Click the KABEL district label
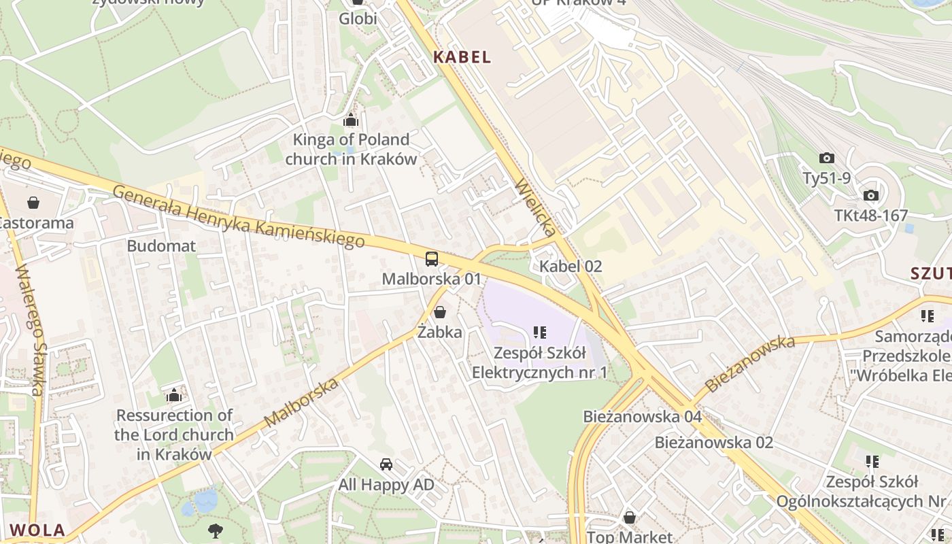(462, 57)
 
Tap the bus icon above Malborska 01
(432, 258)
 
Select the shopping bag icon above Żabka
(440, 313)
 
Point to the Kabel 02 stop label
(571, 267)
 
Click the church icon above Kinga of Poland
(351, 120)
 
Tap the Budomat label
(161, 246)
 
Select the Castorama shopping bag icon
(33, 203)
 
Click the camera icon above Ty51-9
(826, 158)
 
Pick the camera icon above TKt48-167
(870, 196)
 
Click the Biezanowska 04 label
(642, 416)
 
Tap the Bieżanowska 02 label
(713, 443)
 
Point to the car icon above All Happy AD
(386, 464)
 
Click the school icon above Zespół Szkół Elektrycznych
(540, 333)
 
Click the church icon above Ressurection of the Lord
(174, 395)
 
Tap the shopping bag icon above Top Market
(630, 517)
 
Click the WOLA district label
(38, 530)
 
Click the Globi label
(358, 19)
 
